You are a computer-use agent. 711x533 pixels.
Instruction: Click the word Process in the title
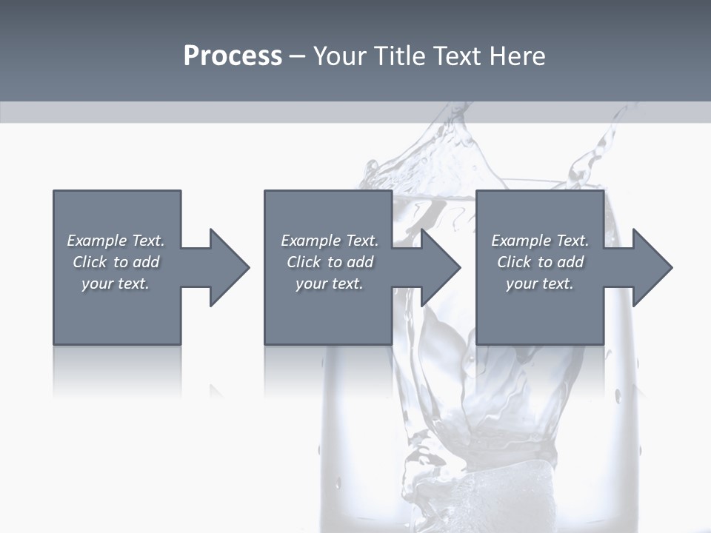click(233, 56)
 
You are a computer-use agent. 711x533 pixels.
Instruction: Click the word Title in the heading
click(399, 56)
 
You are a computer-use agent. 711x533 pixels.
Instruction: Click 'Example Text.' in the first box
click(116, 241)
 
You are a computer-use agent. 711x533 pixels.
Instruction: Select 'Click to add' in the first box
click(116, 262)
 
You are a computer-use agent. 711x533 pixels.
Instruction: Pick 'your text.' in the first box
click(116, 284)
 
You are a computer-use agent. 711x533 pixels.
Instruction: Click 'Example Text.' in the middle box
click(330, 241)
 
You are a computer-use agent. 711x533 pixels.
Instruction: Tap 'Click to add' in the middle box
click(330, 262)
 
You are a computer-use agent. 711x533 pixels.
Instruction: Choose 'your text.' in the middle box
click(330, 284)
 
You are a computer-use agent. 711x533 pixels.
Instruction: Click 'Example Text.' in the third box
click(540, 241)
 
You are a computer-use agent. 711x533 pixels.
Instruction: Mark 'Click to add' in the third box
click(540, 262)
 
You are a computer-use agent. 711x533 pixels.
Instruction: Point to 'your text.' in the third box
click(540, 284)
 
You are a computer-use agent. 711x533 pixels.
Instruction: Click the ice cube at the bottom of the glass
click(511, 489)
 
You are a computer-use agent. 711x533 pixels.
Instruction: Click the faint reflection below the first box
click(117, 370)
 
